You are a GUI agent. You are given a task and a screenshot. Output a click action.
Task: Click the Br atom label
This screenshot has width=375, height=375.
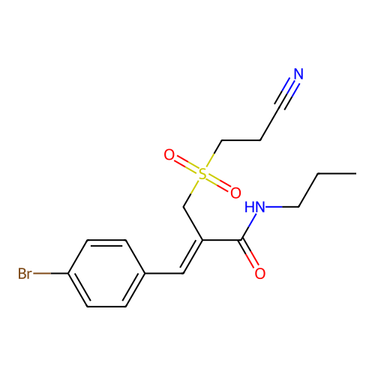click(25, 273)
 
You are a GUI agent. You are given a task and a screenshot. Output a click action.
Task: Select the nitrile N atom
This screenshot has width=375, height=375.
click(298, 73)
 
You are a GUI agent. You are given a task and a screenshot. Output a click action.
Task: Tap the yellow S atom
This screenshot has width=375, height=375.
click(202, 174)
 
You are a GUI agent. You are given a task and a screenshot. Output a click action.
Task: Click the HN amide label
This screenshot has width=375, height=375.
click(254, 207)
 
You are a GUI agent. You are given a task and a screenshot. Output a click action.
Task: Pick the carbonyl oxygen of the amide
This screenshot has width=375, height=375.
click(260, 273)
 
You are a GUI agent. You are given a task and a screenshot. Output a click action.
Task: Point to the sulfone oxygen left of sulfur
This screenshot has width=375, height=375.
click(169, 154)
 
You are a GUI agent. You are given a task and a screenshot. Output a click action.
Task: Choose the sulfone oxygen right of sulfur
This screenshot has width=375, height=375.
click(235, 193)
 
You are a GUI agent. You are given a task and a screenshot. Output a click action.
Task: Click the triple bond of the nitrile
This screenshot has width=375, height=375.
click(287, 92)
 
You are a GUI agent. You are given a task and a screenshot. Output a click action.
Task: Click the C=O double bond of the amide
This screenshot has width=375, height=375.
click(249, 253)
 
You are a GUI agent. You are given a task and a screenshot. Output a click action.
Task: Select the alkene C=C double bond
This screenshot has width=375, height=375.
click(191, 256)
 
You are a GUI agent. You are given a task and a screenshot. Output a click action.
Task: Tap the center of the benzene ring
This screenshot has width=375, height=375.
click(106, 273)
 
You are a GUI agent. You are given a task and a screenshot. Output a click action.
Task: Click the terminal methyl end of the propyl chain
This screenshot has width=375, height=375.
click(356, 173)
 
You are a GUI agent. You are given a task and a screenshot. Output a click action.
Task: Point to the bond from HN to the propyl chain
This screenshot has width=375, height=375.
click(282, 207)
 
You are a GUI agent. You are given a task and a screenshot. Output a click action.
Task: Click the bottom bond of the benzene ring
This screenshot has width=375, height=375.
click(106, 307)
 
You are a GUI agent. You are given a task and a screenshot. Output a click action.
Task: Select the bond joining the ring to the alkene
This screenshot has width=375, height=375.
click(164, 273)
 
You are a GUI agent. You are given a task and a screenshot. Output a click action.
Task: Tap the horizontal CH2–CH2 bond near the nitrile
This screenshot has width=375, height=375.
click(241, 140)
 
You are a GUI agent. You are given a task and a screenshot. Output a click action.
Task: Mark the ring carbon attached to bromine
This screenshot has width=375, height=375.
click(68, 273)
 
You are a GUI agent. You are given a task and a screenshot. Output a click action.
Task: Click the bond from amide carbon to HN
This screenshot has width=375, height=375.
click(249, 226)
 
